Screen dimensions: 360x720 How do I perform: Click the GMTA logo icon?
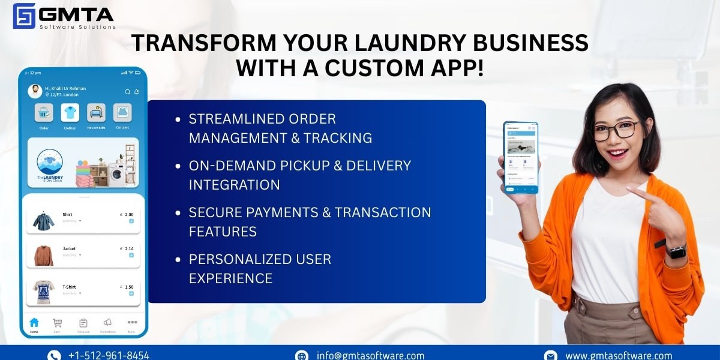pos(24,16)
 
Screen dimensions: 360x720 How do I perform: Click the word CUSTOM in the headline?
pos(379,68)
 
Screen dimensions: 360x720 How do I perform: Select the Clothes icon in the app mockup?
pos(70,113)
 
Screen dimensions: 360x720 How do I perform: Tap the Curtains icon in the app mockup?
pos(122,113)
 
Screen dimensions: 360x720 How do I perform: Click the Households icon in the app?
pos(96,113)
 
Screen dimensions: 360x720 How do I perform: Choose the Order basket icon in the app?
pos(44,113)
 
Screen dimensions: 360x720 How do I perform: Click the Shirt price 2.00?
pos(128,214)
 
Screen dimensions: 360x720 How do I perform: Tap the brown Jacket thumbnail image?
pos(44,255)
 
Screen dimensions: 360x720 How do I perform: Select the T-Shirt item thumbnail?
pos(44,292)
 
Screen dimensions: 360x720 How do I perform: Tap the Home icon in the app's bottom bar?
pos(34,323)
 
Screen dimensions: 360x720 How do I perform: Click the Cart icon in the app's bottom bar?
pos(57,323)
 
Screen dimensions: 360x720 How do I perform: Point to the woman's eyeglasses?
pos(617,130)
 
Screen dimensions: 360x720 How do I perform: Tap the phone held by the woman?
pos(521,157)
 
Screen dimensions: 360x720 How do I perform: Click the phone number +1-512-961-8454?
pos(109,355)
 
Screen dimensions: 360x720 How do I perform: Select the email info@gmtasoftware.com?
pos(370,355)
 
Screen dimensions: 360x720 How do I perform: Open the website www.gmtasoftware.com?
pos(619,355)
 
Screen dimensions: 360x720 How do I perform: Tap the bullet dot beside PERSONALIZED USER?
pos(178,260)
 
